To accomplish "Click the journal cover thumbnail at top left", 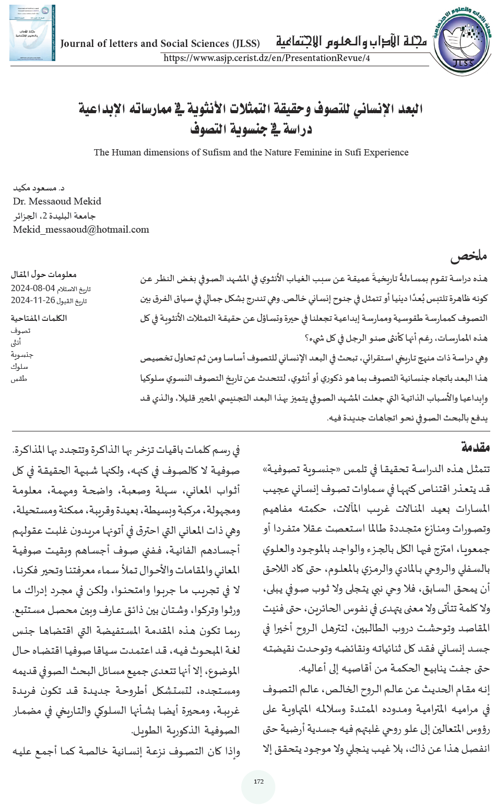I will tap(31, 32).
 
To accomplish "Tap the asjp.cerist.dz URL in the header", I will tap(267, 58).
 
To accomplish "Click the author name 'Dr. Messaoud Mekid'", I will tap(57, 201).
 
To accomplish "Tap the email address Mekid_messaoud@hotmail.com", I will tap(81, 230).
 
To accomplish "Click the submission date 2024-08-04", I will tap(32, 288).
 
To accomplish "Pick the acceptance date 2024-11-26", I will tap(32, 300).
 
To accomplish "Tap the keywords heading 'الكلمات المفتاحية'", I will tap(39, 318).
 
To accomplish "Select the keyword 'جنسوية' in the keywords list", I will tap(22, 355).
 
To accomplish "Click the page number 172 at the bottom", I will tap(258, 781).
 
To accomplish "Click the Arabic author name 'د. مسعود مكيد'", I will tap(36, 187).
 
